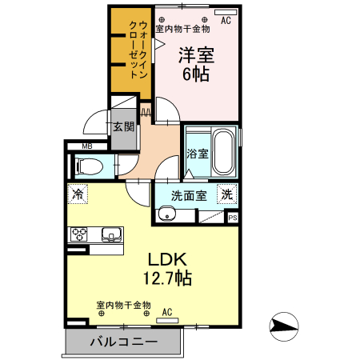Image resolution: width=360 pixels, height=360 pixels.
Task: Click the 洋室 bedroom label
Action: coord(195,56)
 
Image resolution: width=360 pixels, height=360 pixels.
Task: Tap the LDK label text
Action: coord(166,260)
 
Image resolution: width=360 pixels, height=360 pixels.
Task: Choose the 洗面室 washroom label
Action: coord(189,194)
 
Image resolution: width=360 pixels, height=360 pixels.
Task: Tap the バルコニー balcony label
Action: coord(123,342)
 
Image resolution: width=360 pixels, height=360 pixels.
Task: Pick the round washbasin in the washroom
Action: coord(166,214)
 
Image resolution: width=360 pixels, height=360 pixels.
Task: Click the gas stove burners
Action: coord(81,234)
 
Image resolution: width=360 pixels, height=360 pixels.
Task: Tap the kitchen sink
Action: coord(111,234)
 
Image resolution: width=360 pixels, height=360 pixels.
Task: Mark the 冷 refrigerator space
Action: coord(78,194)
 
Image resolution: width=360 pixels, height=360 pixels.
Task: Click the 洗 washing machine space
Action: coord(227,194)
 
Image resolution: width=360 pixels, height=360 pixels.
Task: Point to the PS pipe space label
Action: coord(233,217)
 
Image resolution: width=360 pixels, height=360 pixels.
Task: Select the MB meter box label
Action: coord(87,146)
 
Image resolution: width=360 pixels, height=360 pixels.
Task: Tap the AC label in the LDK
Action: coord(168,312)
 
